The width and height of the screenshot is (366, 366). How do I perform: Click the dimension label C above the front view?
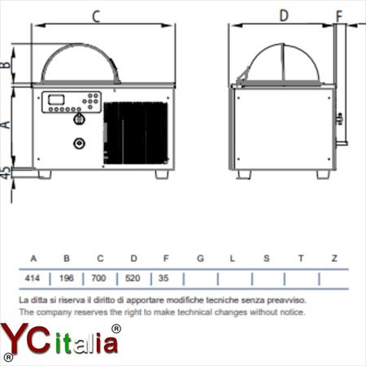[x=96, y=16]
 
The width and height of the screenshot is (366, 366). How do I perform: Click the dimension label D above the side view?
[x=284, y=15]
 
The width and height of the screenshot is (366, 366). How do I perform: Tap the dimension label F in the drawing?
[x=339, y=16]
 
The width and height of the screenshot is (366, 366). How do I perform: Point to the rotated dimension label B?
[x=6, y=65]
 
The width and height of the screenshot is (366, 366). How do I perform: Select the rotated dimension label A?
[x=6, y=124]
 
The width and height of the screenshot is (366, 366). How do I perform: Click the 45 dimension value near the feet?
[x=6, y=172]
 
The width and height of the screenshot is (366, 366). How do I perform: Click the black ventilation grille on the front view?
[x=136, y=133]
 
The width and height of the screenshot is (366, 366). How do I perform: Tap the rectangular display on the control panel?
[x=56, y=99]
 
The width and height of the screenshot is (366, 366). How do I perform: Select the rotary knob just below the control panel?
[x=79, y=119]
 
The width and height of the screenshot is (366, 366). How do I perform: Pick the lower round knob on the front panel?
[x=79, y=143]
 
